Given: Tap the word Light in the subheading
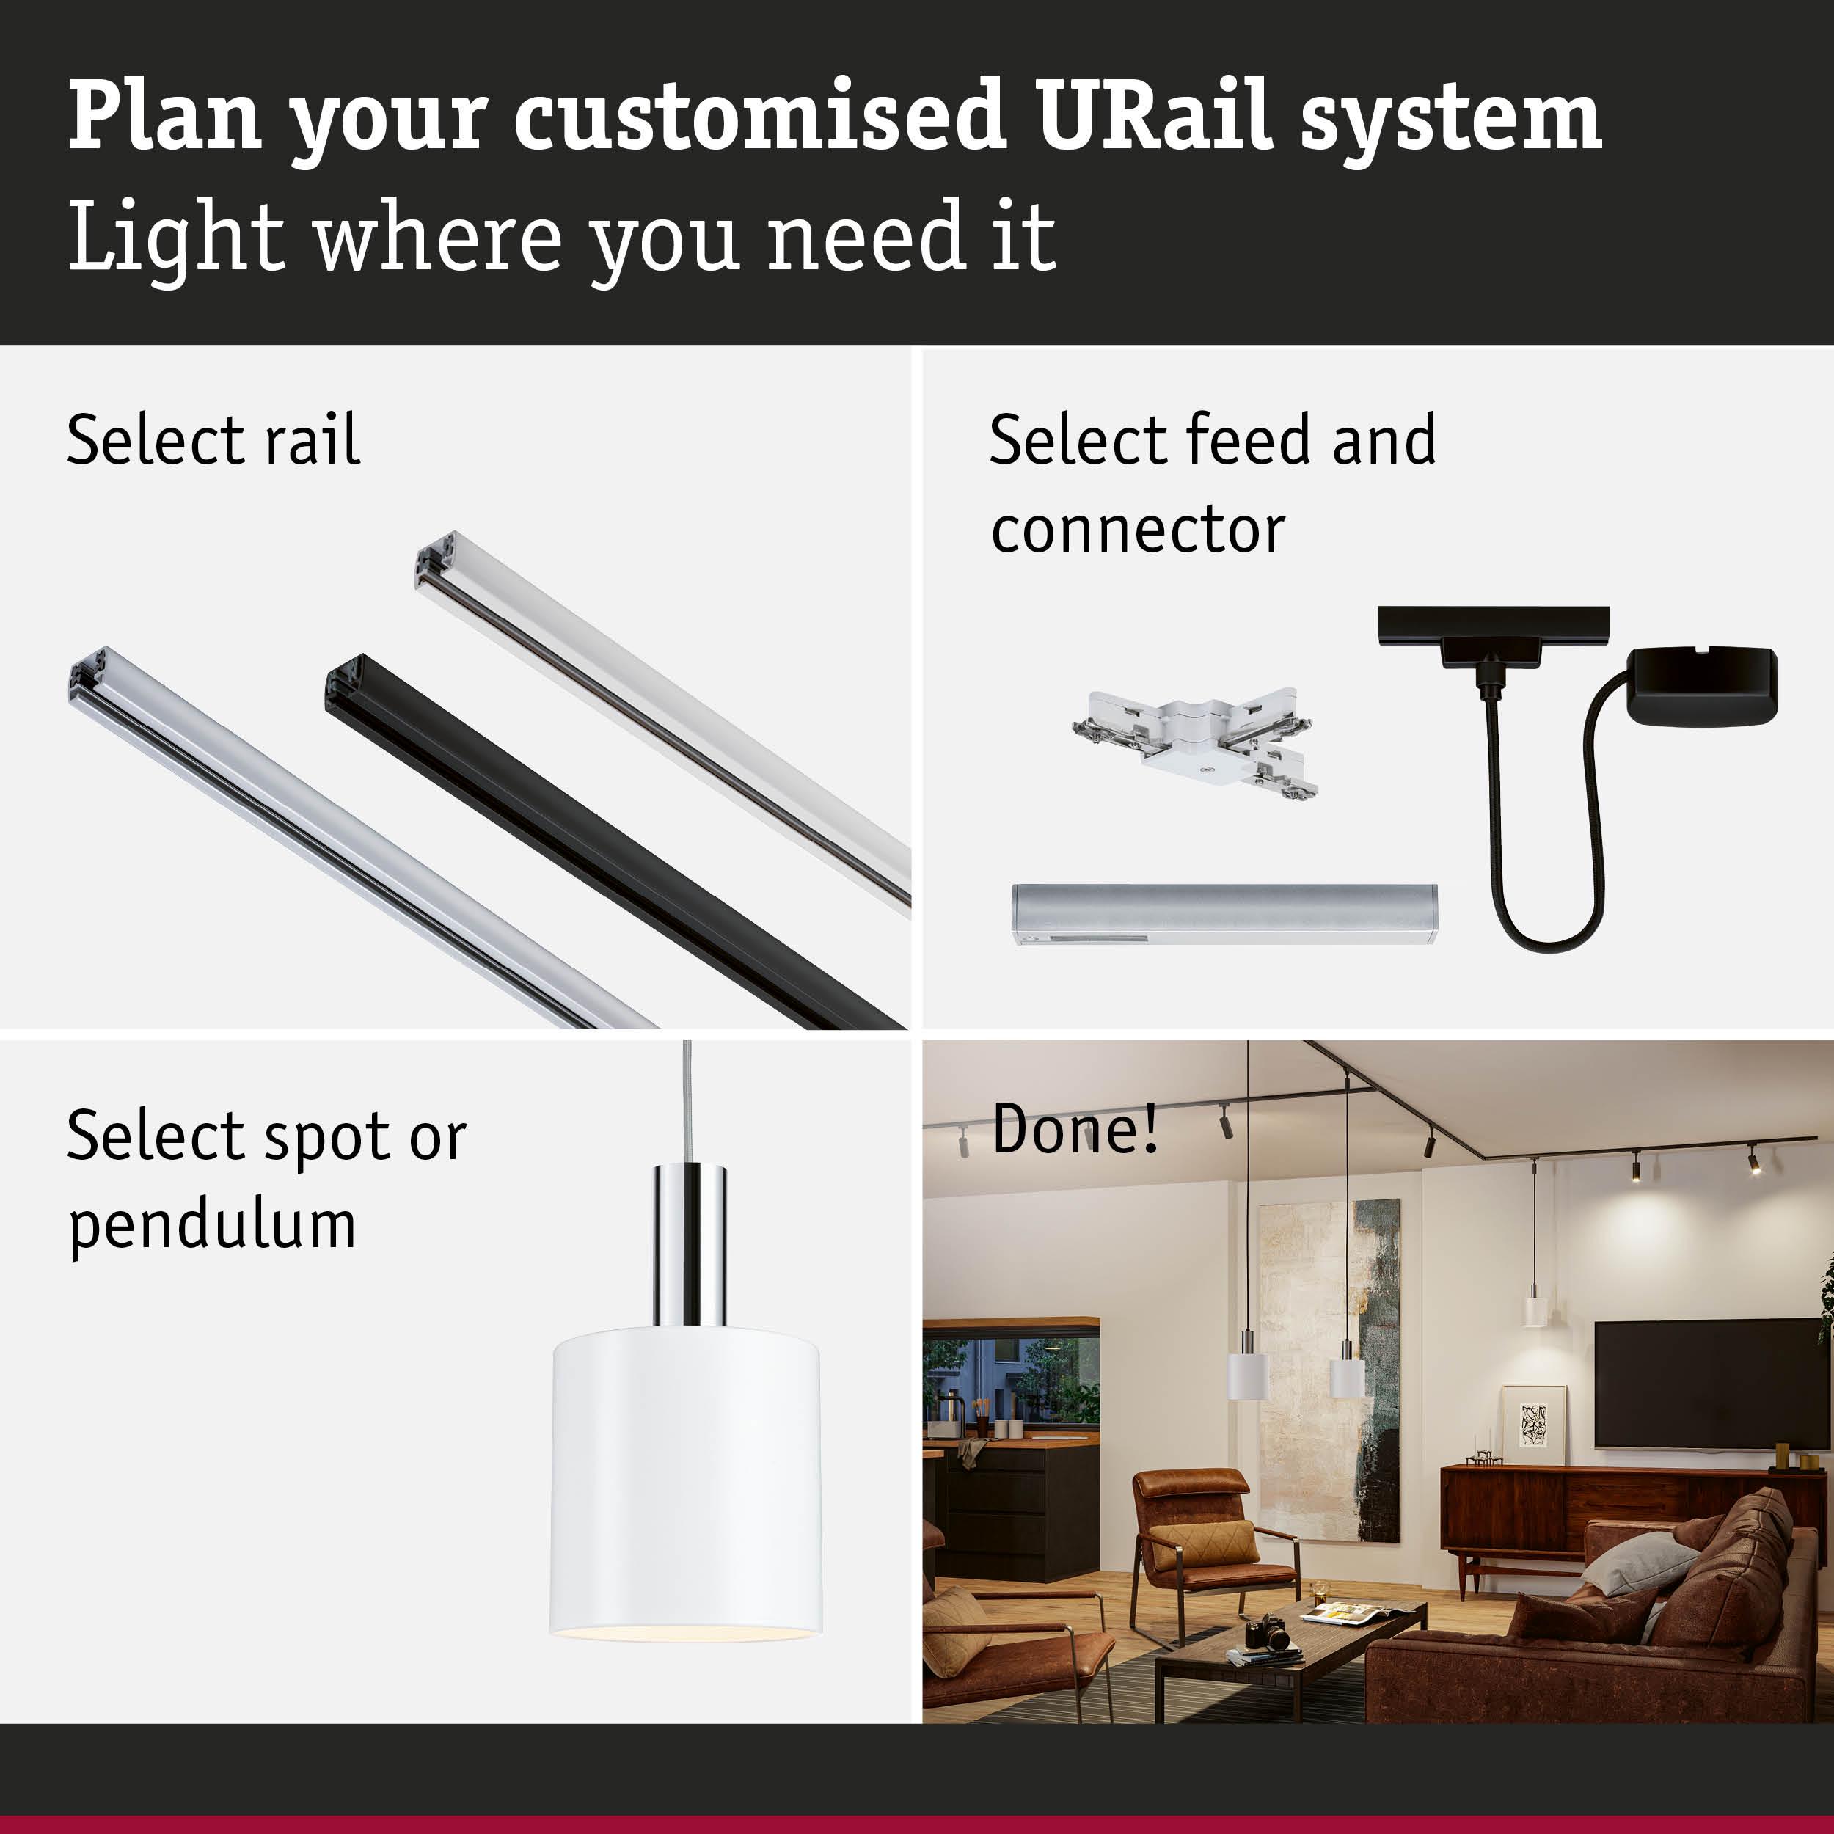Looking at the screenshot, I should point(175,237).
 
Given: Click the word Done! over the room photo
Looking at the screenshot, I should point(1075,1130).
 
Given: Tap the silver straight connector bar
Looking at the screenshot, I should point(1224,913).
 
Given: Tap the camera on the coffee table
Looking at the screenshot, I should point(1267,1634).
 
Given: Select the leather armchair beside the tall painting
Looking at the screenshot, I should point(1205,1538).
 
